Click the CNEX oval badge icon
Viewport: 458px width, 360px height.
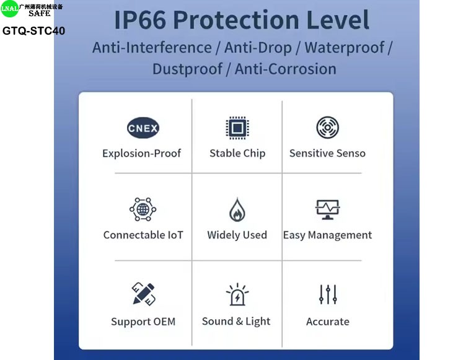(x=143, y=128)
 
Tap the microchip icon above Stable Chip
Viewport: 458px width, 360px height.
(x=237, y=128)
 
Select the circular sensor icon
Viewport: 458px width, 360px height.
(x=327, y=127)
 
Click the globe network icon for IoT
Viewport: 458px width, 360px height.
(x=143, y=209)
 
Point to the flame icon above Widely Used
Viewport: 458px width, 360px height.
(x=237, y=209)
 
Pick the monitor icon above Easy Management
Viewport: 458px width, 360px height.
(x=327, y=209)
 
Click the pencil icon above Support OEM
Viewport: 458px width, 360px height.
(x=143, y=294)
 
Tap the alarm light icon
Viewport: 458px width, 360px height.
(x=237, y=294)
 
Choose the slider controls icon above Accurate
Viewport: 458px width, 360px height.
(x=328, y=294)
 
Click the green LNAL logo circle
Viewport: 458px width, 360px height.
(x=9, y=9)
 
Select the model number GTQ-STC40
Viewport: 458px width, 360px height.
(x=33, y=30)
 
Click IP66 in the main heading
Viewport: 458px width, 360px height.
(x=140, y=20)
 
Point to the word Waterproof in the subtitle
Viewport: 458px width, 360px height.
(x=345, y=48)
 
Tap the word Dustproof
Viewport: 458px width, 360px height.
(x=187, y=69)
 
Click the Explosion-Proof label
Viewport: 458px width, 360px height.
(x=142, y=153)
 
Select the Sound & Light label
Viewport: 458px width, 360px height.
(x=236, y=321)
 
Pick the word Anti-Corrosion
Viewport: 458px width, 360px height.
(x=285, y=69)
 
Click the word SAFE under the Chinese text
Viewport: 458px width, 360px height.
(x=40, y=13)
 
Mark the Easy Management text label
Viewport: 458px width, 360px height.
(x=327, y=235)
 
